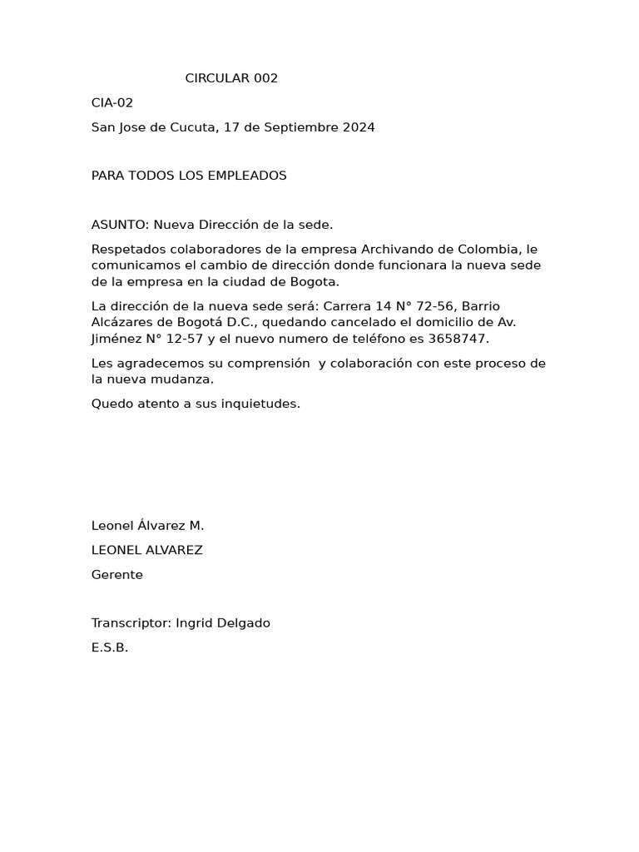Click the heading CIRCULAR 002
click(231, 79)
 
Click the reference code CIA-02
click(112, 103)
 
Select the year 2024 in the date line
click(359, 127)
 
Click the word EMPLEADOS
click(245, 176)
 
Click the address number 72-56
click(436, 306)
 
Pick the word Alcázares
click(122, 322)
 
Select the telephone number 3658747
click(457, 339)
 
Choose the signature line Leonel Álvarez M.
click(148, 526)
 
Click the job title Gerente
click(117, 575)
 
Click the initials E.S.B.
click(110, 647)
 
